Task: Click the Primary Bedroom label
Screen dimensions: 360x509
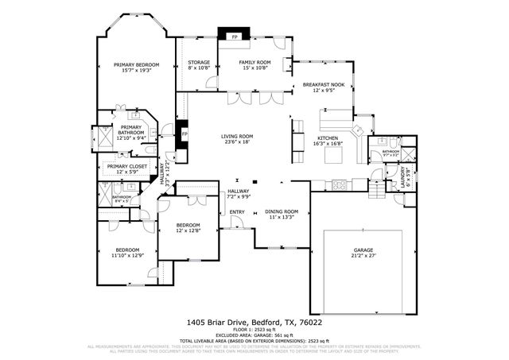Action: (x=137, y=64)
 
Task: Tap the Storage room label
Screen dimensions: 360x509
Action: (x=199, y=62)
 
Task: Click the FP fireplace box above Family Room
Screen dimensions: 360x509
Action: (x=235, y=37)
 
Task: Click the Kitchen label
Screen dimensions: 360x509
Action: (x=329, y=138)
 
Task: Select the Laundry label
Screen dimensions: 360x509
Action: (x=406, y=172)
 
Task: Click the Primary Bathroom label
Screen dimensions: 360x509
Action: (x=131, y=130)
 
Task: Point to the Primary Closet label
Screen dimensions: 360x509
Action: (x=127, y=167)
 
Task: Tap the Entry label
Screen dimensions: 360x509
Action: (x=237, y=212)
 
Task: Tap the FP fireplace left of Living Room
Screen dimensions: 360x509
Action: (x=185, y=134)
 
